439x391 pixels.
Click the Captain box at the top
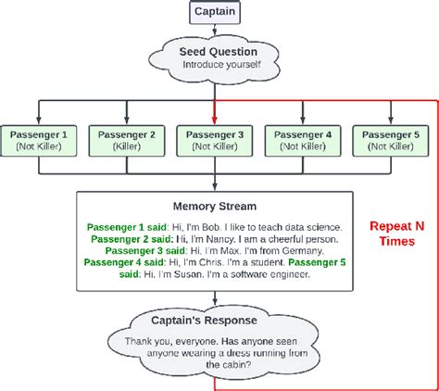215,12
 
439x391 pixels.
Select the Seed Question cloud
215,58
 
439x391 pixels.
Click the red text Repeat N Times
396,233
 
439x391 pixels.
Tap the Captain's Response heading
215,321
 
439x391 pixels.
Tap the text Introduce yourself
215,66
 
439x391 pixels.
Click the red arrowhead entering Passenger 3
215,119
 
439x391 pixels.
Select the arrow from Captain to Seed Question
215,32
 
